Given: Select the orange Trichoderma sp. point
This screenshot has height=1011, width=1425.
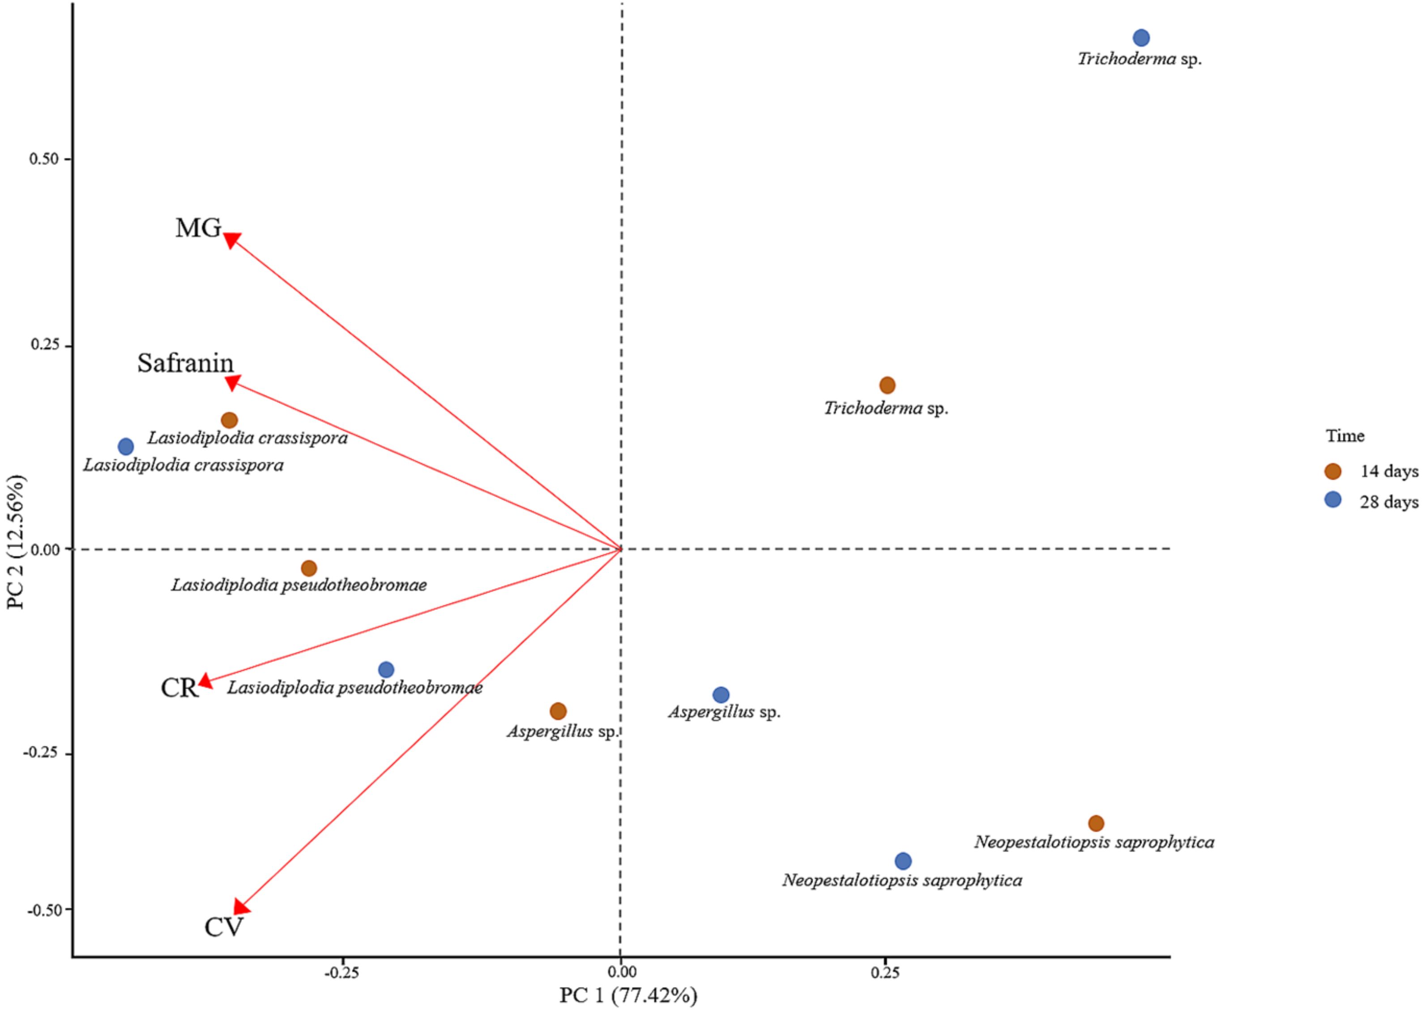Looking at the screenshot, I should pos(887,385).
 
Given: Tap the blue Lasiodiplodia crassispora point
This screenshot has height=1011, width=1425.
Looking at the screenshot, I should pos(126,446).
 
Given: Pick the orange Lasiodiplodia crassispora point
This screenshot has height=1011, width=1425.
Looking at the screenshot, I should pos(230,420).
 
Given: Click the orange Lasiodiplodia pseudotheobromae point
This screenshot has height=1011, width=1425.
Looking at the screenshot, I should pos(309,568).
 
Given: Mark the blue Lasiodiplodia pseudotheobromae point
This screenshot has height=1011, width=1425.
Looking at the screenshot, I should pos(386,670).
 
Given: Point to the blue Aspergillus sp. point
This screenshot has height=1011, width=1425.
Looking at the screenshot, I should pos(721,695).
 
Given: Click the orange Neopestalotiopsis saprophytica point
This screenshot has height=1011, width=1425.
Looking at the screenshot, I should pos(1096,823).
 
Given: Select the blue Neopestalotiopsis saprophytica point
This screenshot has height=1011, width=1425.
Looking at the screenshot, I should pos(903,862).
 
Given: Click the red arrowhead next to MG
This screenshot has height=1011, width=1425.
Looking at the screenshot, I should pos(231,240).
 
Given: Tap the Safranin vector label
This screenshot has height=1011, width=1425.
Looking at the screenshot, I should pos(186,363).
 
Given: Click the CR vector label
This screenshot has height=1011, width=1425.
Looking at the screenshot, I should pos(179,688).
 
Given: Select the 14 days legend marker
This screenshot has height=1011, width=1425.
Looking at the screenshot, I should pos(1333,471).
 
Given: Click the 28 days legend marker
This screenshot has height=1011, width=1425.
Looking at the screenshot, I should pos(1333,499).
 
